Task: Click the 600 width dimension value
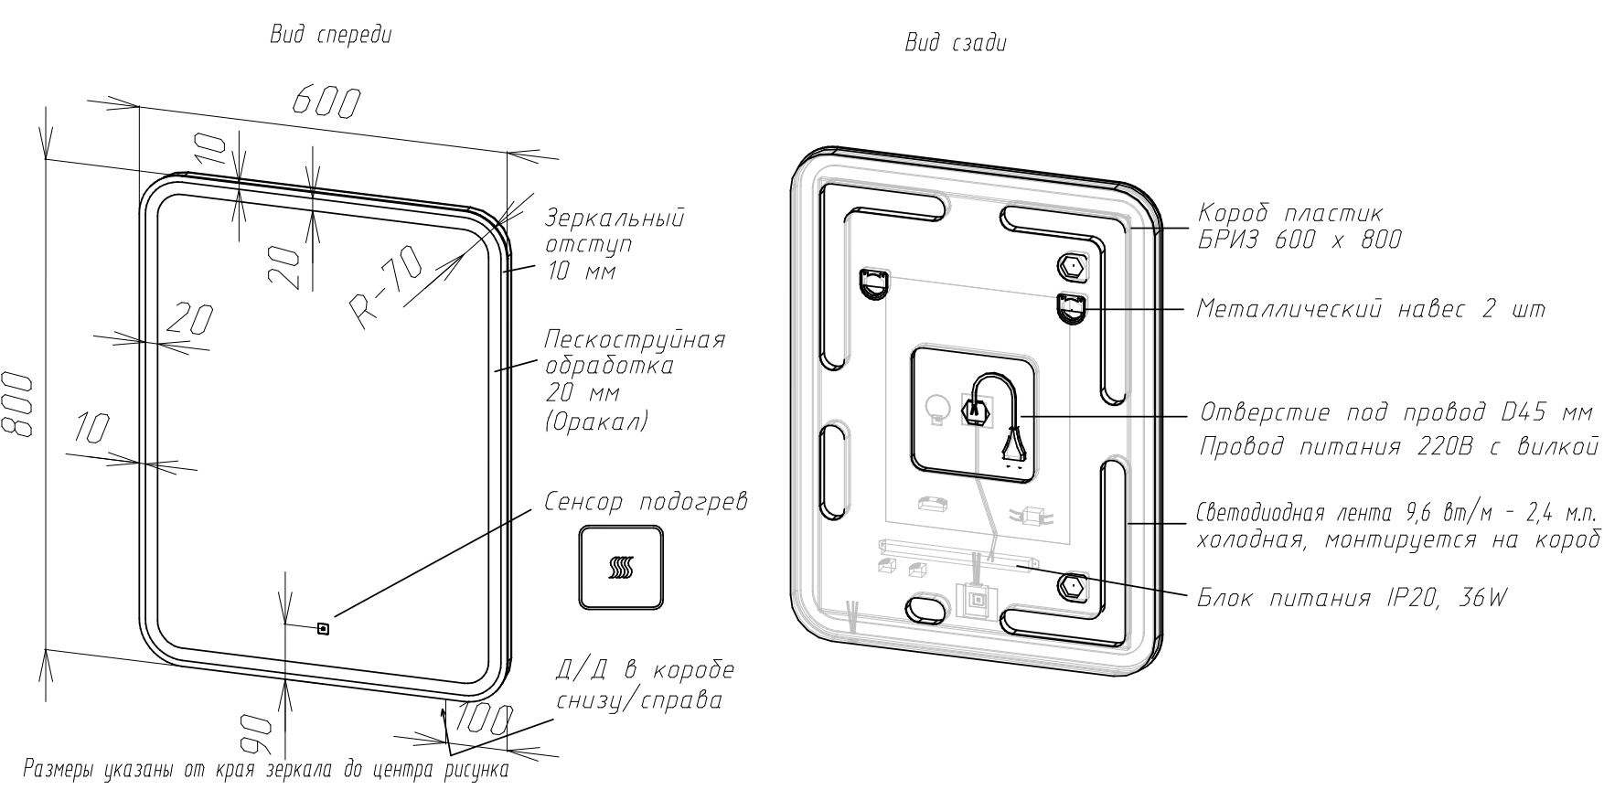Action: pyautogui.click(x=326, y=103)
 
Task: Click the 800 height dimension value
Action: pyautogui.click(x=19, y=404)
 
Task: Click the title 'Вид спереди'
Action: pyautogui.click(x=331, y=37)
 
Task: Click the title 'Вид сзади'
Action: pyautogui.click(x=956, y=43)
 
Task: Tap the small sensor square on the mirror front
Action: pyautogui.click(x=322, y=628)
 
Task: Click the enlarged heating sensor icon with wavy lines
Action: pyautogui.click(x=620, y=567)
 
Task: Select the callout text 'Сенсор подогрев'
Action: pyautogui.click(x=646, y=503)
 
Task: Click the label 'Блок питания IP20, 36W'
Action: pyautogui.click(x=1353, y=599)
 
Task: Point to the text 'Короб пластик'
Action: pyautogui.click(x=1290, y=213)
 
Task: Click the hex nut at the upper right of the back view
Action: pyautogui.click(x=1070, y=267)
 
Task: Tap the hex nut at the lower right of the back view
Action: pyautogui.click(x=1071, y=586)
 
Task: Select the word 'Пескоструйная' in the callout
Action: pyautogui.click(x=635, y=339)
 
